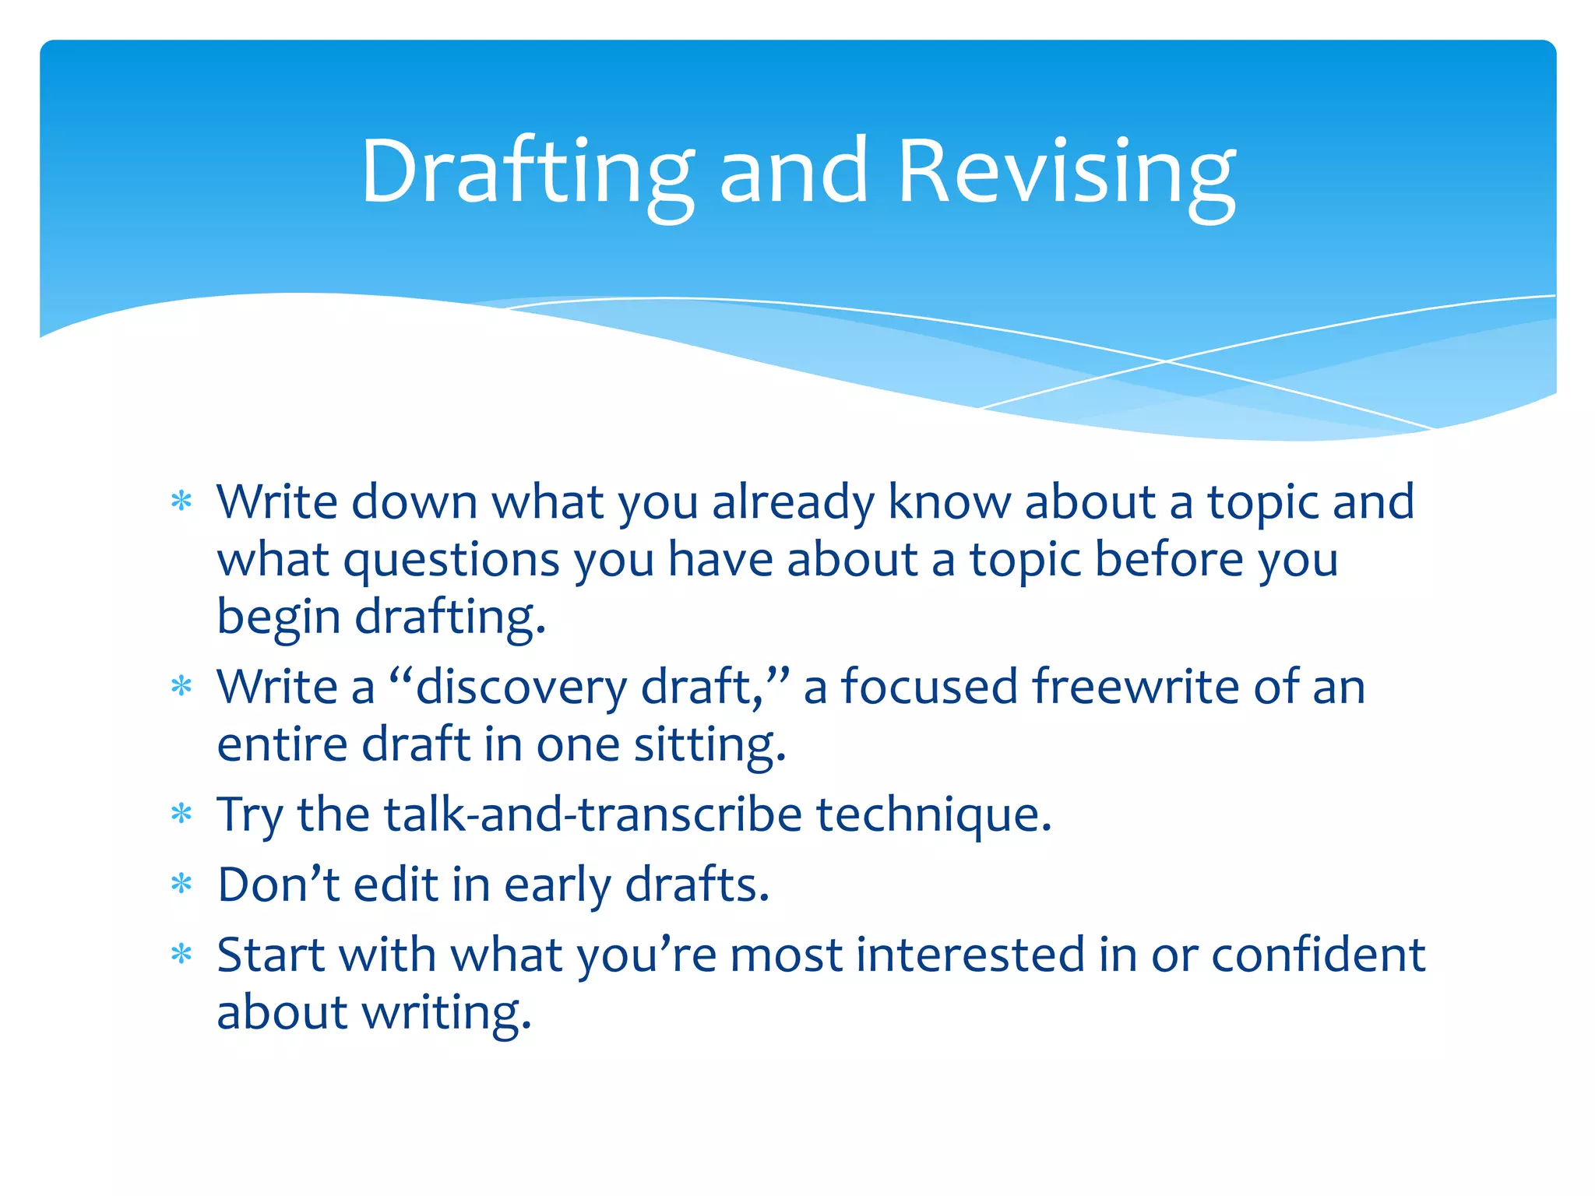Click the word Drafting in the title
click(x=526, y=173)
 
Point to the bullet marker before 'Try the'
click(x=181, y=814)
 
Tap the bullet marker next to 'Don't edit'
click(x=181, y=885)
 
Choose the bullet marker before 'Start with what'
click(x=181, y=955)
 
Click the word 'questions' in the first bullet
click(x=451, y=561)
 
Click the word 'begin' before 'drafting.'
click(x=278, y=618)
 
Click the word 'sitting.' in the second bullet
click(x=709, y=746)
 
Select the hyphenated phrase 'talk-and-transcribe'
click(x=592, y=814)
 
